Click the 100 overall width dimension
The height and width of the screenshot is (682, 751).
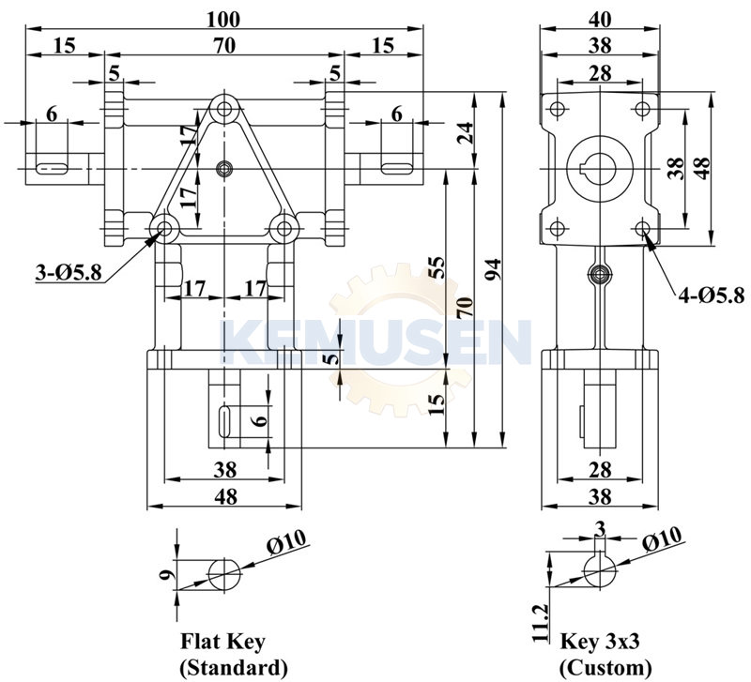(x=225, y=19)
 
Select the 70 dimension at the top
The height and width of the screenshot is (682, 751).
(x=224, y=44)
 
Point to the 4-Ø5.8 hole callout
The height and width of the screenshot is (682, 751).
(x=711, y=296)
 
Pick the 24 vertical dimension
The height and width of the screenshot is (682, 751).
(x=465, y=131)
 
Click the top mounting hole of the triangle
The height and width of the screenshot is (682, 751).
(x=223, y=110)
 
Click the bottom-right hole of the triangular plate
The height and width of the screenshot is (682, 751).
(x=283, y=228)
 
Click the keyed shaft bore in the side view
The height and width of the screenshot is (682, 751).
(x=599, y=169)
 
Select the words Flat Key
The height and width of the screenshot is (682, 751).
(x=222, y=643)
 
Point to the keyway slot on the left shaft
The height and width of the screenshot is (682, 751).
(x=51, y=169)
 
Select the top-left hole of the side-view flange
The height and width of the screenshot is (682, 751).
(x=556, y=109)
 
